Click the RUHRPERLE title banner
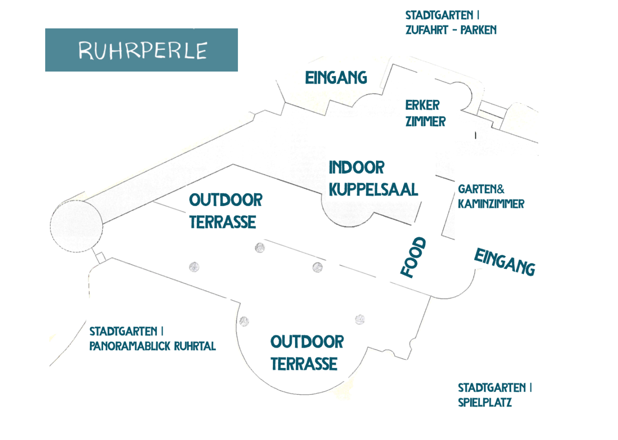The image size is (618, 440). click(x=141, y=50)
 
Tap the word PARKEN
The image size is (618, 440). click(x=478, y=30)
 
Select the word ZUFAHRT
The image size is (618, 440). click(x=427, y=30)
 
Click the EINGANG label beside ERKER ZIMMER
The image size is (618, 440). click(x=336, y=78)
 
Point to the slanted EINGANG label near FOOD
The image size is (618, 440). click(x=504, y=262)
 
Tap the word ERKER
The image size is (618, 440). click(x=422, y=105)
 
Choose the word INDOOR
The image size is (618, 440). click(x=357, y=167)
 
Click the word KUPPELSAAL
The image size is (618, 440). click(x=373, y=190)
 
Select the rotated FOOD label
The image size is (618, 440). click(x=414, y=257)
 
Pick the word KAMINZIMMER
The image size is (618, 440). click(x=491, y=204)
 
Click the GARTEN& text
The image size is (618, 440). click(x=481, y=189)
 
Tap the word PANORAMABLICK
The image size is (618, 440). click(x=130, y=346)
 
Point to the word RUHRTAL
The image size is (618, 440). click(x=195, y=346)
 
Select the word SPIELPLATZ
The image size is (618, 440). click(x=485, y=402)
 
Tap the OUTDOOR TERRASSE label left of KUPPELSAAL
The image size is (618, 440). click(x=225, y=211)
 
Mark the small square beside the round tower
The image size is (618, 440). click(x=100, y=258)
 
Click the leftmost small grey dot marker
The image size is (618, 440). click(x=194, y=267)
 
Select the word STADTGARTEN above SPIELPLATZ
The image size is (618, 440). click(x=492, y=388)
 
